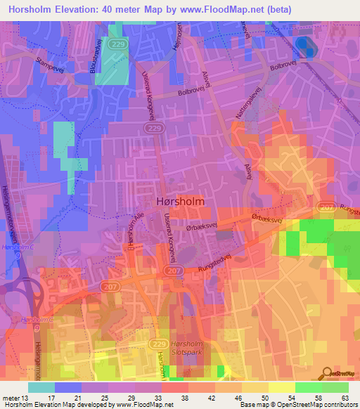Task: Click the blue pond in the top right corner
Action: point(303,46)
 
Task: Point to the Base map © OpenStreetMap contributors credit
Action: point(298,405)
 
